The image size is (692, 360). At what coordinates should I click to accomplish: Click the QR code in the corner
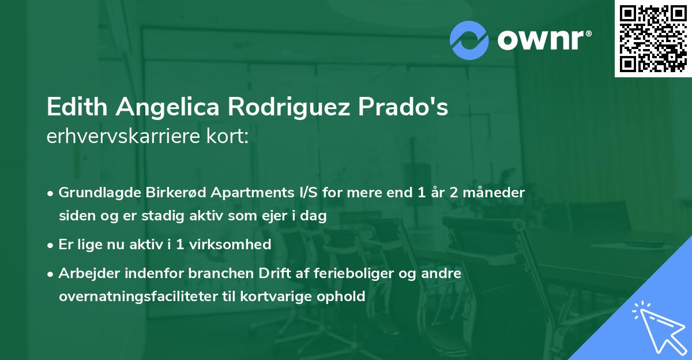(653, 38)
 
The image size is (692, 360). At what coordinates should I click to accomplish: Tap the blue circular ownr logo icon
(469, 39)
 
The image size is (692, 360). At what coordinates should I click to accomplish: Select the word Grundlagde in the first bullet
(95, 193)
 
